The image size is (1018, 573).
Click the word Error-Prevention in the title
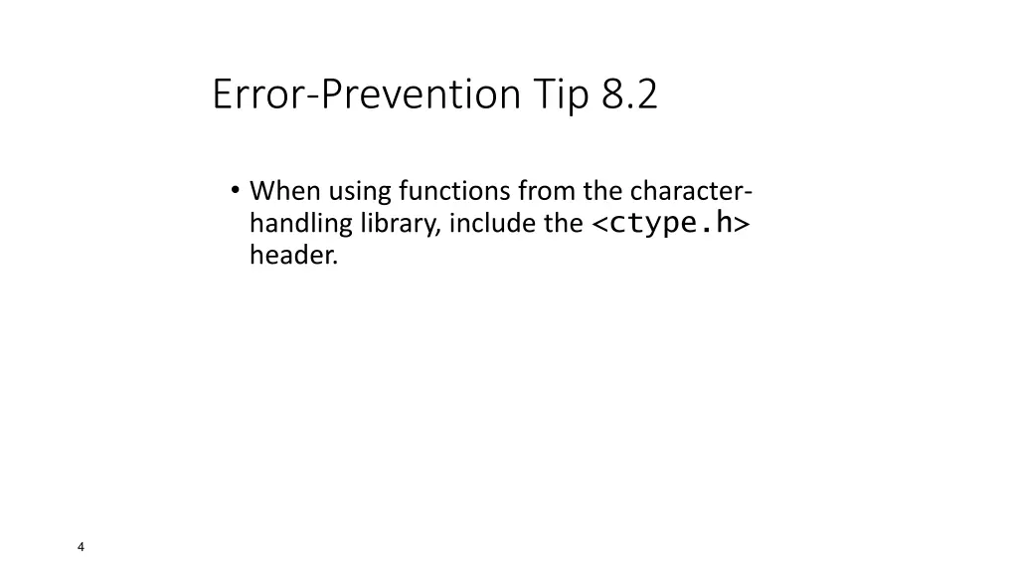[x=366, y=95]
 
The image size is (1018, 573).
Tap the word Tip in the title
[x=562, y=95]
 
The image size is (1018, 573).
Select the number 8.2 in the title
[x=629, y=95]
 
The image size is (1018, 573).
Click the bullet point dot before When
[x=235, y=189]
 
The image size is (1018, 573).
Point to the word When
[x=283, y=189]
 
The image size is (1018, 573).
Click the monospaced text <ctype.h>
[x=671, y=223]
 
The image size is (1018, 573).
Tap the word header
[x=292, y=256]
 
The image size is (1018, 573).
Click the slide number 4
[x=81, y=547]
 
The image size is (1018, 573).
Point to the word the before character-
[x=599, y=189]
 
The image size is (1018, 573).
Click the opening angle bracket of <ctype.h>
[x=600, y=224]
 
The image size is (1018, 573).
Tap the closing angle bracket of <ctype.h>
[x=743, y=224]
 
